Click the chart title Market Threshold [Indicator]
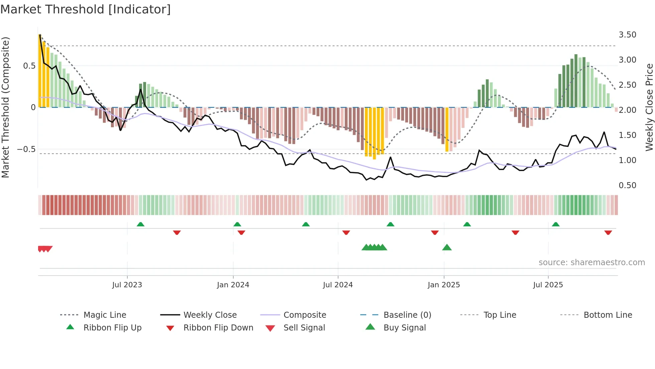(86, 9)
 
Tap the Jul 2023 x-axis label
(127, 285)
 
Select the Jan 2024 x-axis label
(233, 285)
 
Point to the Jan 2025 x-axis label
(444, 285)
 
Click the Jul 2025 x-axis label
(548, 285)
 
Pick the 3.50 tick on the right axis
(627, 35)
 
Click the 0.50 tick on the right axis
(627, 186)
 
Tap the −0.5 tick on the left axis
(26, 149)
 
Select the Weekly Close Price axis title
(649, 107)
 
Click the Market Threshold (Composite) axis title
(5, 107)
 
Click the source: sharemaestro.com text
(592, 263)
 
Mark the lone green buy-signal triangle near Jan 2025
(447, 247)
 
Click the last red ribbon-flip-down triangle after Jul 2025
(608, 232)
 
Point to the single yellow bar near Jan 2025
(447, 129)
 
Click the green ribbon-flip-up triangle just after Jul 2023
(140, 224)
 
